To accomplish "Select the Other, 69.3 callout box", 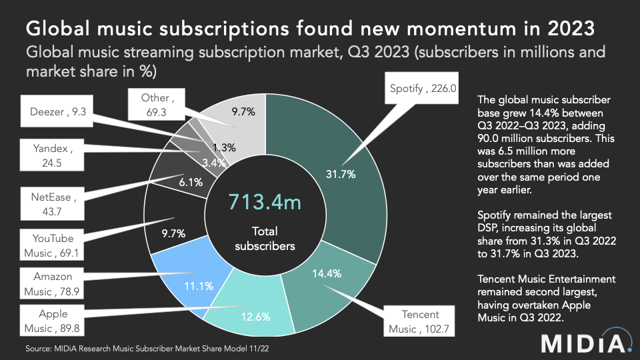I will tap(157, 105).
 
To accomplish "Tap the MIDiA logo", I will tap(585, 343).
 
